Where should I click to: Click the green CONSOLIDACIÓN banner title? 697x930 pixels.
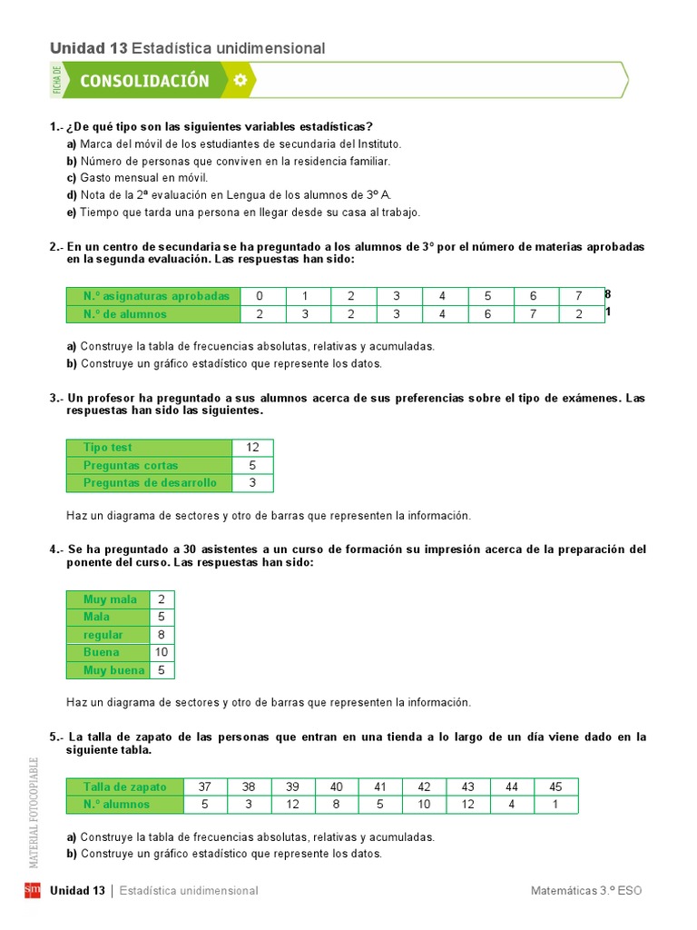click(x=144, y=81)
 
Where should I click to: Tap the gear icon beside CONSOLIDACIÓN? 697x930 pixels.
click(x=240, y=81)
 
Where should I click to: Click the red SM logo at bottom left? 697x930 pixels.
click(x=33, y=890)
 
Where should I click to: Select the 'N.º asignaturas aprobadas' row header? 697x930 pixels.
click(x=153, y=296)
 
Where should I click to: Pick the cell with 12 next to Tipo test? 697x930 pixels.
click(x=252, y=448)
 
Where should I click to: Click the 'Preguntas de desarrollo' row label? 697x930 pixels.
click(x=150, y=483)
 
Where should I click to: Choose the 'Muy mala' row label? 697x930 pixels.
click(x=110, y=599)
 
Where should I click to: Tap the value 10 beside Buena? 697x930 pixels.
click(x=161, y=652)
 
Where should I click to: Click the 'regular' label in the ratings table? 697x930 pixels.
click(x=103, y=635)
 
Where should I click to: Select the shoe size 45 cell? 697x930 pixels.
click(x=555, y=787)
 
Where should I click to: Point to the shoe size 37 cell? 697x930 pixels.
click(x=204, y=787)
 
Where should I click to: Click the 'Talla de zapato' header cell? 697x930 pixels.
click(x=124, y=787)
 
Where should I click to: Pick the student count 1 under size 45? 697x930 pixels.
click(x=555, y=804)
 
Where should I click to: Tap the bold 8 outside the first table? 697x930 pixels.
click(x=608, y=294)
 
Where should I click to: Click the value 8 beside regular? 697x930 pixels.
click(x=161, y=635)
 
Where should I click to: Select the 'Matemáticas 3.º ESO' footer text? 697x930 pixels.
click(x=586, y=891)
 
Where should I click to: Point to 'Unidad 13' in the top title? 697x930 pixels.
click(x=88, y=48)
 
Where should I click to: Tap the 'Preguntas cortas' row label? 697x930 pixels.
click(x=131, y=465)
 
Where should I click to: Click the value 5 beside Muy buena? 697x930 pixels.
click(x=161, y=670)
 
